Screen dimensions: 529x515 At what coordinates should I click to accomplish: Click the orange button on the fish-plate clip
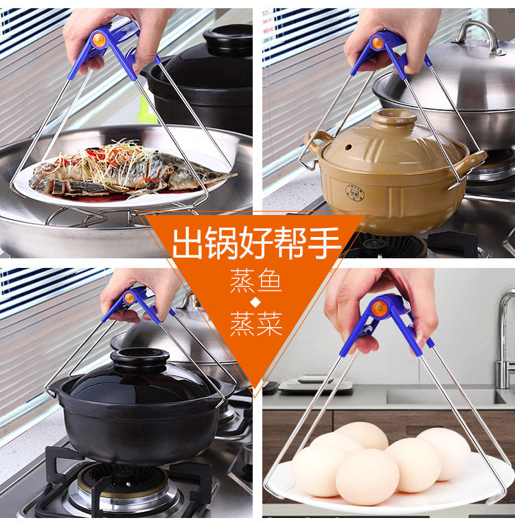[100, 40]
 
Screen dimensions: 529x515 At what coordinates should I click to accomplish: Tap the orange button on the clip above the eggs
[379, 309]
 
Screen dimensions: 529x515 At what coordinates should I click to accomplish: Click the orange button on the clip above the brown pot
[377, 43]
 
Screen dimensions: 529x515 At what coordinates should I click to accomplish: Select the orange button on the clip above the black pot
[128, 298]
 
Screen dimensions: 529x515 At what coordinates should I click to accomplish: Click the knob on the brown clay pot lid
[393, 116]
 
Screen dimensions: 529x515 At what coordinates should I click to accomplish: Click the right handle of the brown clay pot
[472, 162]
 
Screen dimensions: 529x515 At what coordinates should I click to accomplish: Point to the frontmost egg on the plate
[367, 476]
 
